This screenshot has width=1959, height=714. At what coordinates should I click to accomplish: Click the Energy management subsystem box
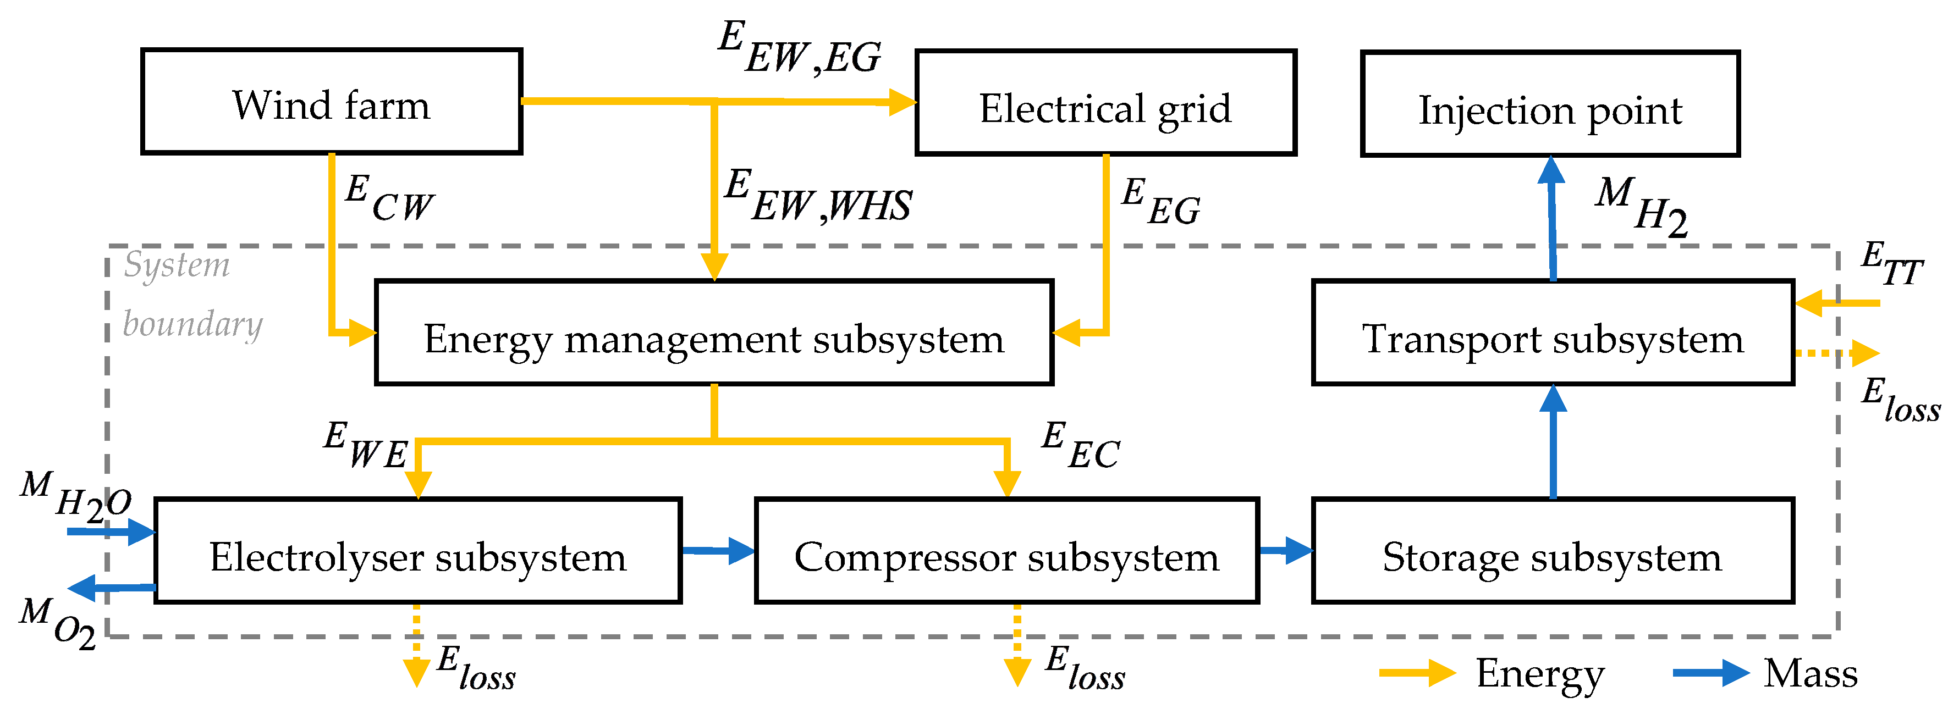[x=713, y=334]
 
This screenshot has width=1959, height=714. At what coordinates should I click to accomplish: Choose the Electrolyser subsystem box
[x=417, y=552]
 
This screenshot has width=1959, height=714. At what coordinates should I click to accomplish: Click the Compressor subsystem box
[x=1006, y=552]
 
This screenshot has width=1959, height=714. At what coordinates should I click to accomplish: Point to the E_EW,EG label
[x=799, y=47]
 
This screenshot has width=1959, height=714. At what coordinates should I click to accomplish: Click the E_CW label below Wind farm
[x=388, y=198]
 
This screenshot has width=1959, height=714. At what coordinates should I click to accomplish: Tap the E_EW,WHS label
[x=817, y=196]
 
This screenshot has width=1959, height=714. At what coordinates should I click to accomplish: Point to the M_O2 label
[x=58, y=622]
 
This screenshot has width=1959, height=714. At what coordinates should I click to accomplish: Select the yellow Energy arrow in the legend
[x=1416, y=673]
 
